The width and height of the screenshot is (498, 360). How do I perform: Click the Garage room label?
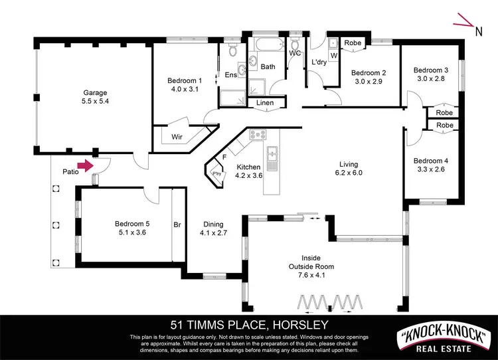(95, 93)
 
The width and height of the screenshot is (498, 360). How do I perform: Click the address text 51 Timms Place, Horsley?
(249, 325)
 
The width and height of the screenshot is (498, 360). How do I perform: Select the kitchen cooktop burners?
(258, 136)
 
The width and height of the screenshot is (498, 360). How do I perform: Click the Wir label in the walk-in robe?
(177, 137)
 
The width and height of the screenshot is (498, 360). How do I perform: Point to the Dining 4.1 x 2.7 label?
(214, 228)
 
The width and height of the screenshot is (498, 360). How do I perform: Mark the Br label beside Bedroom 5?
(177, 225)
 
